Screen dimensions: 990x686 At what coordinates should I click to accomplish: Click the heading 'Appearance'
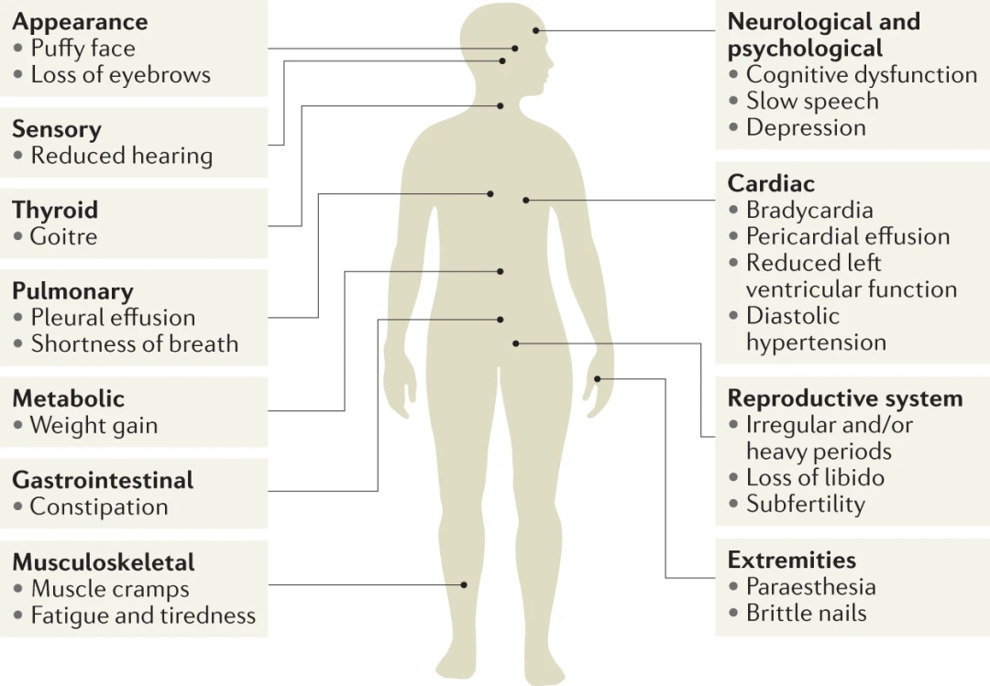point(80,22)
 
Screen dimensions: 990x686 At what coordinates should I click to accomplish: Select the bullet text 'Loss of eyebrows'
point(121,74)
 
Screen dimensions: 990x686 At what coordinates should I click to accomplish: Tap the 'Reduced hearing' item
point(122,156)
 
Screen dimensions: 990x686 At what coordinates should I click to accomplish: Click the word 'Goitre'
point(64,236)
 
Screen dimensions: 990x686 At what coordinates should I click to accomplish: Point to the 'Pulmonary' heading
point(72,291)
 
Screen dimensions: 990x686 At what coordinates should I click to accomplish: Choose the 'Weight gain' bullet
point(94,425)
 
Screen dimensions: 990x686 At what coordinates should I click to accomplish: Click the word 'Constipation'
point(99,506)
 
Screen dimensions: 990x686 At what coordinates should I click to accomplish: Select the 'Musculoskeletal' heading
point(104,561)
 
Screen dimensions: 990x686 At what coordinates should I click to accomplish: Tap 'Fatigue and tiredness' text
point(143,615)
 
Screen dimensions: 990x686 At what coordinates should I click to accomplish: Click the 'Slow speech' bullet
point(812,101)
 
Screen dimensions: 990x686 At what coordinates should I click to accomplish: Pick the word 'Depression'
point(807,127)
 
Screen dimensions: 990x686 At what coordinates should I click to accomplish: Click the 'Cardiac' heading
point(771,184)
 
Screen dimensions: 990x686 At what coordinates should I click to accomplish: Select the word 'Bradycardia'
point(809,210)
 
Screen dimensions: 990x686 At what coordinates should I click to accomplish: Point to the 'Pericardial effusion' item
point(848,236)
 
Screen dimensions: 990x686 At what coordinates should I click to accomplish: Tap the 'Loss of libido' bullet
point(815,478)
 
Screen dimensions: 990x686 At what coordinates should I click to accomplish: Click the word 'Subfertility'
point(806,505)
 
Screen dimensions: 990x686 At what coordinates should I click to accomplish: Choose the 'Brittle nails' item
point(807,614)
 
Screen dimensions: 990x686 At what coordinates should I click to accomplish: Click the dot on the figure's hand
point(598,378)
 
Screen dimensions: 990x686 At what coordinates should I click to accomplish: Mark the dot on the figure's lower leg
point(464,585)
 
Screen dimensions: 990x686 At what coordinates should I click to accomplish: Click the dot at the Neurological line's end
point(535,30)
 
